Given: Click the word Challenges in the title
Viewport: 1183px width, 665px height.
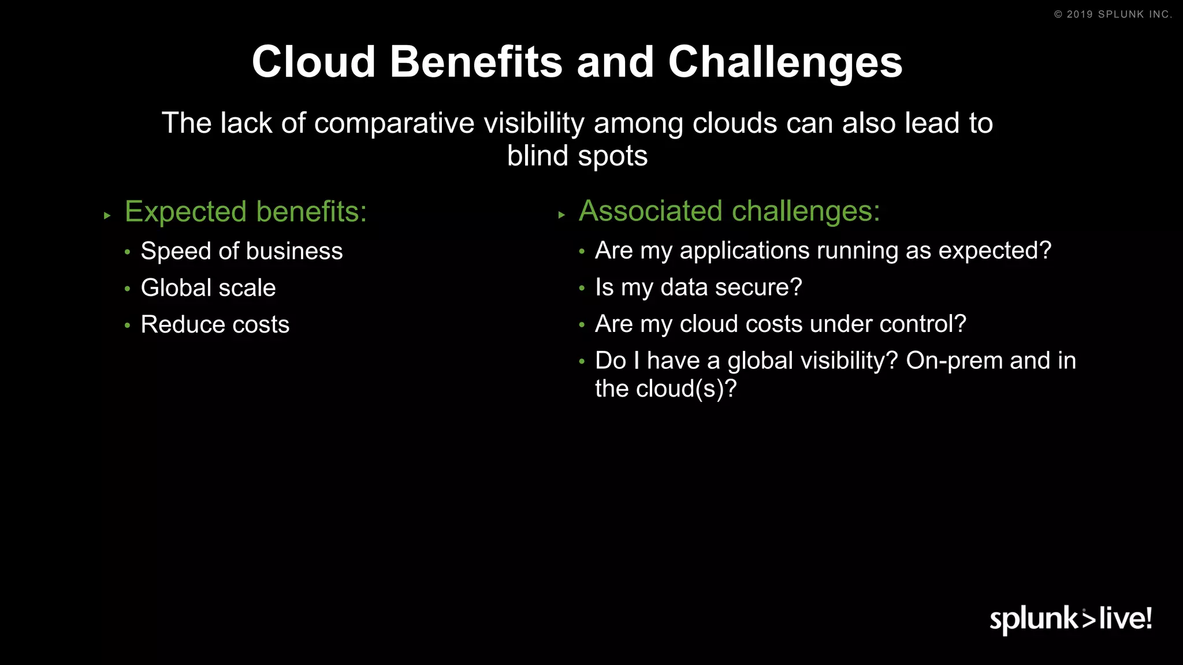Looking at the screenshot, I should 785,62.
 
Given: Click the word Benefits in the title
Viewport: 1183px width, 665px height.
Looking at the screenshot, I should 476,62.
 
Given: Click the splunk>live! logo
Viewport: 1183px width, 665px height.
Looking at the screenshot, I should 1070,619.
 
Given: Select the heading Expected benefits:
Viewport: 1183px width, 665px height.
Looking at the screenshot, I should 245,212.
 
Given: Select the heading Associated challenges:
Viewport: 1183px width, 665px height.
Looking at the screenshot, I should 729,211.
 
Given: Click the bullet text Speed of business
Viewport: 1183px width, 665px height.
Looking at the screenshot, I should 241,251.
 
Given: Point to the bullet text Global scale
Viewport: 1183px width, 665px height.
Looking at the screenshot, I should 208,287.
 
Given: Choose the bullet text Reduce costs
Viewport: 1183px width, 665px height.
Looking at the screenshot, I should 215,324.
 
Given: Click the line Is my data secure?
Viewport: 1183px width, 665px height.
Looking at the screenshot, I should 698,287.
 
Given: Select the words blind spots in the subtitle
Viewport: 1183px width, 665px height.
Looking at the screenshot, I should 577,156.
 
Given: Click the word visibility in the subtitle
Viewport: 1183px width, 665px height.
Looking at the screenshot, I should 534,124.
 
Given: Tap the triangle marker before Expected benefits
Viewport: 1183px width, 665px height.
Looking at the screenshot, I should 107,216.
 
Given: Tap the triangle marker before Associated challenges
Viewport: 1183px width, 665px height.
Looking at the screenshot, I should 561,215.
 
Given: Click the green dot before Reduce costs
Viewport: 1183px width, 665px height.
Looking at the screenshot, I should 127,326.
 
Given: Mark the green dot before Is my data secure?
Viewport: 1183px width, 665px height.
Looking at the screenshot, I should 582,288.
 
